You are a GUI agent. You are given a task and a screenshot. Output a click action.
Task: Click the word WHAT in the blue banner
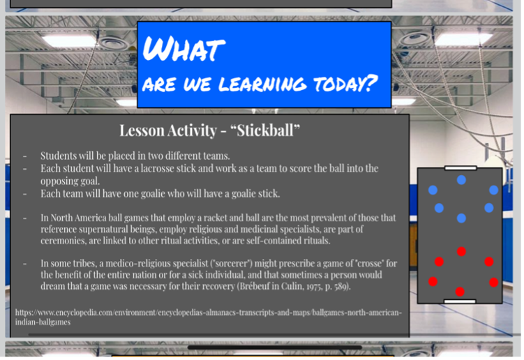(x=184, y=49)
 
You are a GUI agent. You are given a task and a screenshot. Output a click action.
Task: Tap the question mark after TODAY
(x=370, y=83)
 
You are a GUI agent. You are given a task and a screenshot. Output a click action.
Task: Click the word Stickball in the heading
(x=265, y=130)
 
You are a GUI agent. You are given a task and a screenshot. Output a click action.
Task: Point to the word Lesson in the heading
(x=142, y=130)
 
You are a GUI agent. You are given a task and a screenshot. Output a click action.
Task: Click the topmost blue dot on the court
(x=461, y=180)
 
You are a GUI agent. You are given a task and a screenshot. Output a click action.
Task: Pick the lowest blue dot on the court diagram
(x=461, y=218)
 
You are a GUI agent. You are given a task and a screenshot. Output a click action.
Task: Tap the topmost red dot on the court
(x=461, y=251)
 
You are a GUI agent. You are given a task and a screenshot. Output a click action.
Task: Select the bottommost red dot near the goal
(x=460, y=292)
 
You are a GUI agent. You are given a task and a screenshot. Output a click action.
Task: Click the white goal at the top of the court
(x=461, y=168)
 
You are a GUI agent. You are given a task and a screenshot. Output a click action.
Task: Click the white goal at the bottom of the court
(x=460, y=301)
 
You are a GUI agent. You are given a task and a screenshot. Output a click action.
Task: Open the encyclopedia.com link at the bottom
(x=208, y=317)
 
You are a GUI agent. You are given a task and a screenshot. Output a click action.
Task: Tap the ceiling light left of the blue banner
(x=69, y=41)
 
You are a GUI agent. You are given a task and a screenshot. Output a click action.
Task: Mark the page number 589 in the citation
(x=341, y=287)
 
